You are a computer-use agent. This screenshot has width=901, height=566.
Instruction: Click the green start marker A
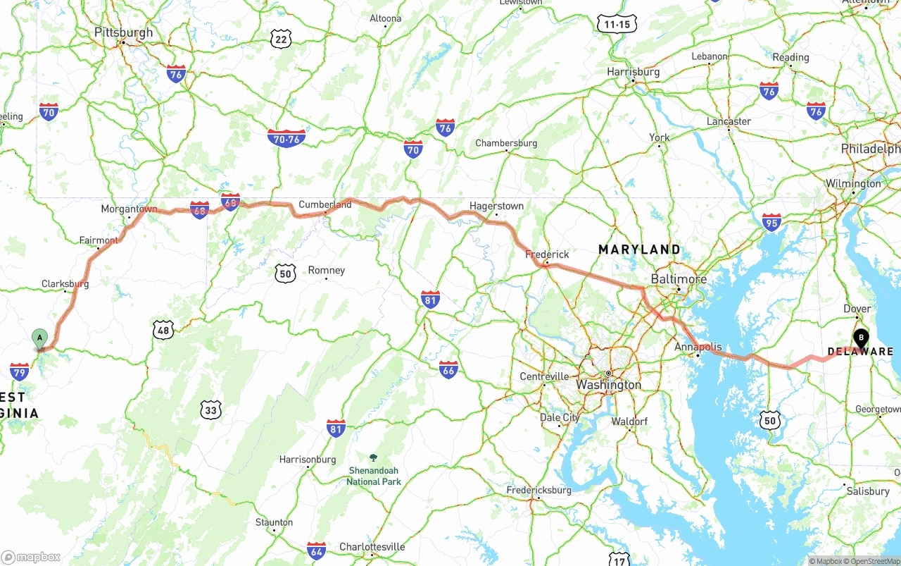tap(40, 338)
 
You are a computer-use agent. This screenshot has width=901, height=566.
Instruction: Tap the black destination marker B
tap(860, 338)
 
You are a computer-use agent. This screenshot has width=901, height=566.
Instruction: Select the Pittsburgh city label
tap(124, 32)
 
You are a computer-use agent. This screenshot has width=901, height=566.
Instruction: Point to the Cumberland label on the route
tap(325, 204)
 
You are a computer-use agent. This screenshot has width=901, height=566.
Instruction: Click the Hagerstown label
tap(497, 206)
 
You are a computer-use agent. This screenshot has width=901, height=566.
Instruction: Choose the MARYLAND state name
tap(639, 250)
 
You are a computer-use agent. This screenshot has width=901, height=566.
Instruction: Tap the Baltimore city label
tap(679, 279)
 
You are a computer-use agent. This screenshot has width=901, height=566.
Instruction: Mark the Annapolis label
tap(698, 347)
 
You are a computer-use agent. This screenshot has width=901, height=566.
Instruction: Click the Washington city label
tap(609, 385)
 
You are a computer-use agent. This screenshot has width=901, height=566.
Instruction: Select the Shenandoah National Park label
tap(373, 476)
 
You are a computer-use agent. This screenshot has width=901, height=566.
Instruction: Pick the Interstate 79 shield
tap(20, 371)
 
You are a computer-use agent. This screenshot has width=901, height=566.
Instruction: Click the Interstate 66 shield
tap(448, 369)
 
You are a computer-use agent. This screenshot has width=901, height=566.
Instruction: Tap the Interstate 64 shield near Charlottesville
tap(317, 550)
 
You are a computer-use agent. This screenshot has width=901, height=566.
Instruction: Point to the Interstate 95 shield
tap(771, 222)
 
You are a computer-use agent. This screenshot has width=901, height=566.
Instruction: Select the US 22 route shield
tap(281, 39)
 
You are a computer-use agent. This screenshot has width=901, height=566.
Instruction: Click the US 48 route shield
tap(163, 329)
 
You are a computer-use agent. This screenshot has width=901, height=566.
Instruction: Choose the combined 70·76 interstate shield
tap(286, 138)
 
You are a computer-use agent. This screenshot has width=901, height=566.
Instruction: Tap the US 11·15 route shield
tap(617, 24)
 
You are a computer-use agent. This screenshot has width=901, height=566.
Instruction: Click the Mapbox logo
tap(31, 557)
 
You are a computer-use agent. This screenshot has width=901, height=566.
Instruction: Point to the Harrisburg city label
tap(634, 72)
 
